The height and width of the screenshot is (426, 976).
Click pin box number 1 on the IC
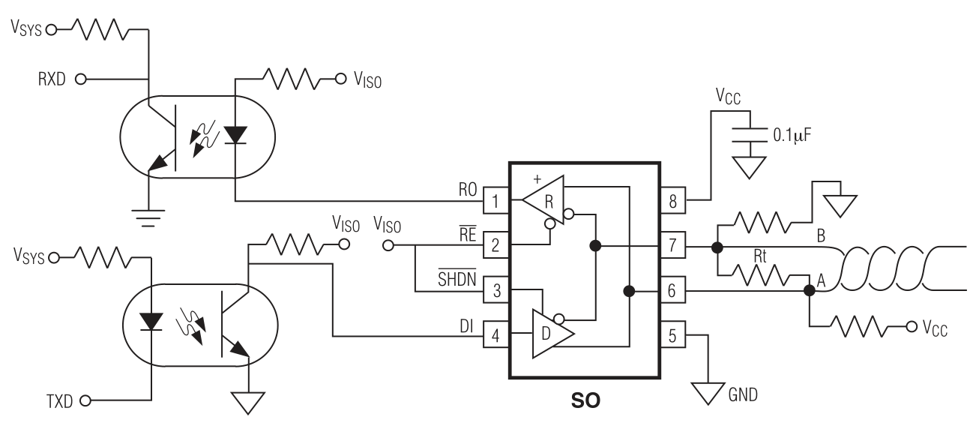[x=495, y=201]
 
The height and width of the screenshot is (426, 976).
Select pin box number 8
[x=672, y=200]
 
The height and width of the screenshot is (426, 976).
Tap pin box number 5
[x=672, y=334]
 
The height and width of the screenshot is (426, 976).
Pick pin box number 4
[x=495, y=334]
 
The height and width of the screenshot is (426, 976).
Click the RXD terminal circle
[x=81, y=79]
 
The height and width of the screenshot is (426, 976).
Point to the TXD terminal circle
[x=85, y=400]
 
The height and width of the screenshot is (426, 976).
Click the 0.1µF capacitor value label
[x=792, y=135]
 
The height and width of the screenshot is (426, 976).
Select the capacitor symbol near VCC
[x=750, y=135]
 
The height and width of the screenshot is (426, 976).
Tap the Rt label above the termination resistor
[x=760, y=256]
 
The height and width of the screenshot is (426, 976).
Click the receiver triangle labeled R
[x=543, y=200]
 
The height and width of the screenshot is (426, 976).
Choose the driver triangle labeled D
[x=553, y=334]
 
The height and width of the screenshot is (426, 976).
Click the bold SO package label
[x=585, y=400]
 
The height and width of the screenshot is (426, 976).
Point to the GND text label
[x=743, y=394]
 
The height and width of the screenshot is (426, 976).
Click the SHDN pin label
[x=457, y=278]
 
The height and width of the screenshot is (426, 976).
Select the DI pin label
[x=466, y=325]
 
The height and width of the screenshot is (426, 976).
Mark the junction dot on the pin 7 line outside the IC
[x=717, y=247]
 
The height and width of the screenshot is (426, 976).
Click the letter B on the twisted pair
[x=821, y=235]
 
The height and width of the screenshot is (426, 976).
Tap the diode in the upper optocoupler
[x=235, y=135]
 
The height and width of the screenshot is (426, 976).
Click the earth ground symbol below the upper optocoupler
[x=148, y=218]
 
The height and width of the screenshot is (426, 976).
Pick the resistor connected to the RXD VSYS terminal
[x=100, y=30]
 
